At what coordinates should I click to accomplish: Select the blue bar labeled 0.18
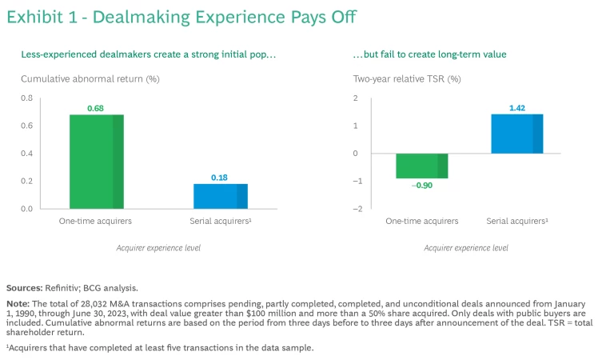[x=220, y=196]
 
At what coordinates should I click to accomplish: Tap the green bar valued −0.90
[x=422, y=166]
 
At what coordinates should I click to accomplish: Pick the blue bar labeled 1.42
[x=516, y=134]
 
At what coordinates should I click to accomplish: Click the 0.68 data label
[x=95, y=108]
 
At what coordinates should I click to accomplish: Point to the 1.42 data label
[x=516, y=107]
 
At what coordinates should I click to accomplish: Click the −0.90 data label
[x=422, y=186]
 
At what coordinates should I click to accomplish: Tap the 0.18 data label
[x=220, y=178]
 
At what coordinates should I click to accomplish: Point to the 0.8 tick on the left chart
[x=27, y=98]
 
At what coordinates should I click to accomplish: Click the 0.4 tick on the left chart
[x=27, y=154]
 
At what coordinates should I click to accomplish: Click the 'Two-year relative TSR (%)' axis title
[x=408, y=78]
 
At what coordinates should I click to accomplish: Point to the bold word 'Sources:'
[x=25, y=287]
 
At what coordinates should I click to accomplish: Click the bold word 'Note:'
[x=18, y=304]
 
